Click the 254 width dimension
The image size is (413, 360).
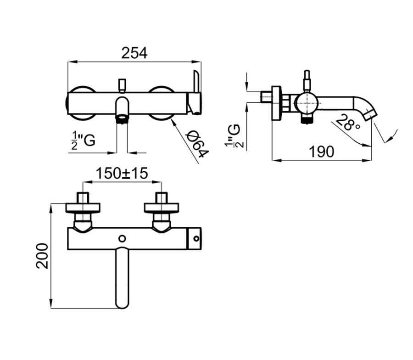point(134,53)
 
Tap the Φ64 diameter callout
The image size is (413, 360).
point(197,145)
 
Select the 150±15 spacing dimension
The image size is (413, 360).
point(122,174)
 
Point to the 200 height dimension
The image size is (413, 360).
point(42,256)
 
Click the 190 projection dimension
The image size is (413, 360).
point(321,152)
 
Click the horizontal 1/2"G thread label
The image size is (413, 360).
point(83,141)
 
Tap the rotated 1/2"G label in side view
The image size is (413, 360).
point(232,136)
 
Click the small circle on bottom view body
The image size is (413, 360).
point(122,238)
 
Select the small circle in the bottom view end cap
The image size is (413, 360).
point(196,238)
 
